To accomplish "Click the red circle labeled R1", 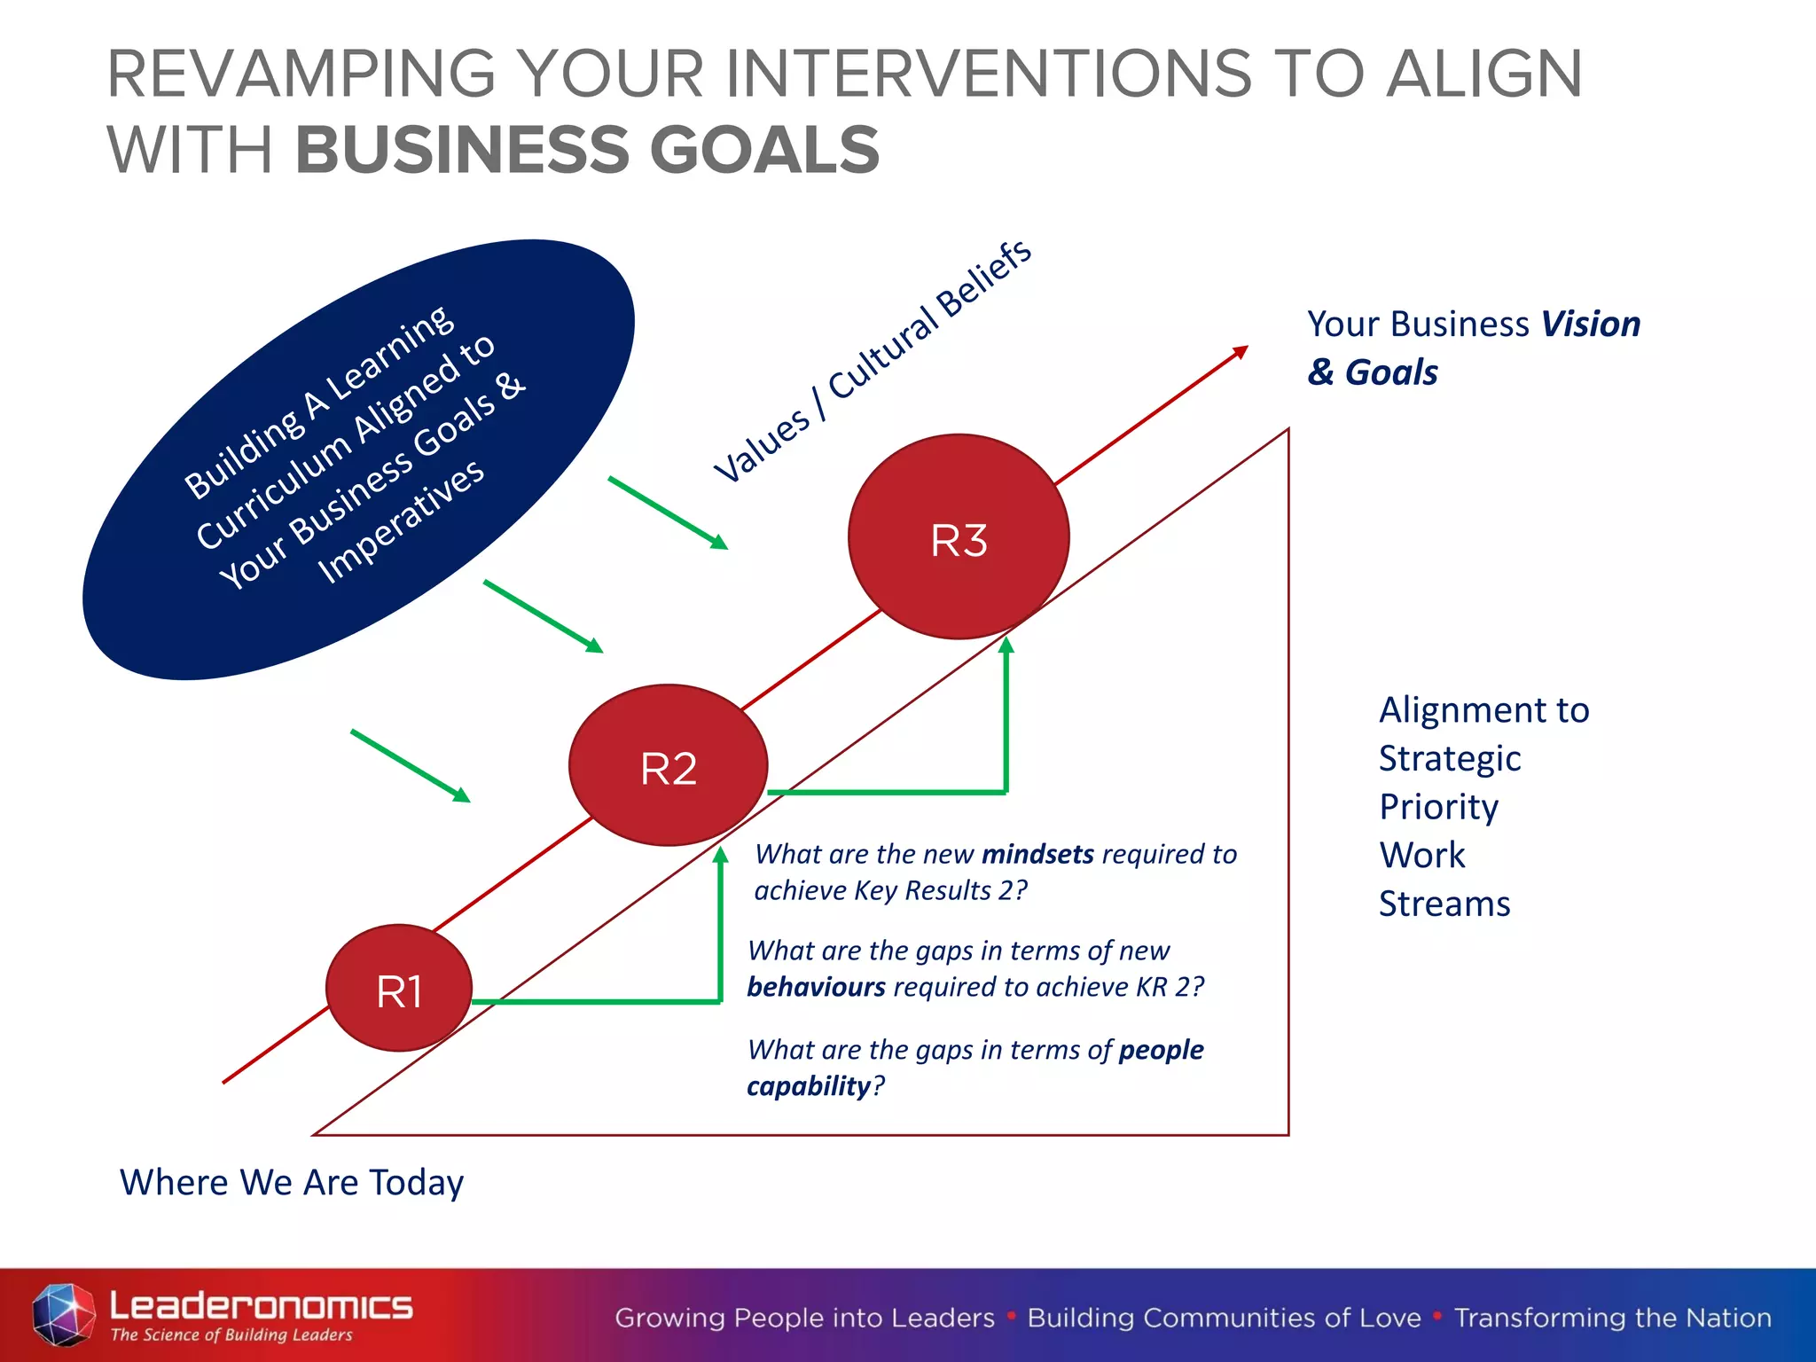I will coord(399,989).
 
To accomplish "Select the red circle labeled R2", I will coord(668,766).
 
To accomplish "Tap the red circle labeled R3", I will coord(959,537).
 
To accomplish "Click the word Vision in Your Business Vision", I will coord(1590,325).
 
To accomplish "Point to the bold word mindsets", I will coord(1037,854).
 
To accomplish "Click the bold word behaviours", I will coord(816,987).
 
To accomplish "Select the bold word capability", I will coord(809,1086).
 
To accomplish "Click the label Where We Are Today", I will coord(292,1182).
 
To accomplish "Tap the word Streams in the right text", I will coord(1444,904).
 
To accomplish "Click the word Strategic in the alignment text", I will coord(1450,758).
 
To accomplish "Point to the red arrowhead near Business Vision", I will coord(1241,351).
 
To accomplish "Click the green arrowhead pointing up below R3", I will coord(1006,646).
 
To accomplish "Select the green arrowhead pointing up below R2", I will coord(721,855).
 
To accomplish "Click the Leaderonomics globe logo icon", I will coord(63,1314).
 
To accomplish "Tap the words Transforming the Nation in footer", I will coord(1612,1318).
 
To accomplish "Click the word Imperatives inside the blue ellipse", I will coord(401,521).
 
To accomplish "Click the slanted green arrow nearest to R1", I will coord(411,766).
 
